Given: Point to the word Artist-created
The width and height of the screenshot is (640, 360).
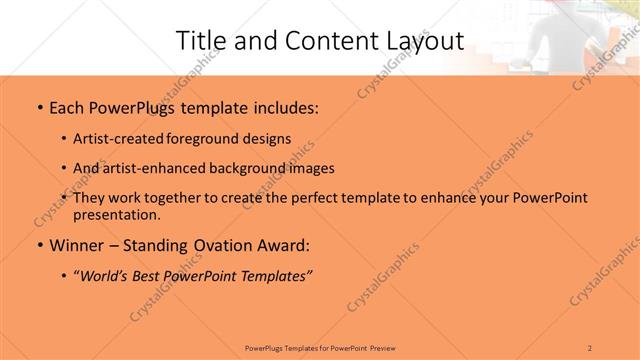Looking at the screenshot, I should [124, 138].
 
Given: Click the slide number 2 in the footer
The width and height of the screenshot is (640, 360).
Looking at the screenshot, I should [591, 346].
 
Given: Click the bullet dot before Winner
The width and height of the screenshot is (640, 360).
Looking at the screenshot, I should [39, 245].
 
